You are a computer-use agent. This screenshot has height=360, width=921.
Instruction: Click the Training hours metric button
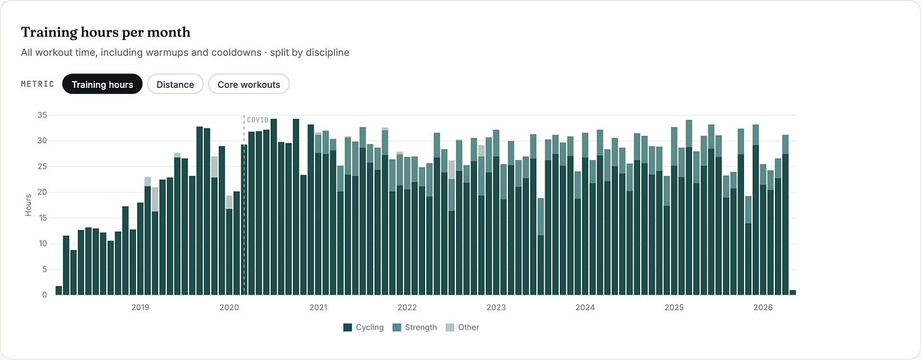point(102,84)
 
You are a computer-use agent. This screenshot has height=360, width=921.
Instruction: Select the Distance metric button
point(175,84)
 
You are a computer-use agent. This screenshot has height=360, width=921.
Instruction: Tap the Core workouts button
point(249,84)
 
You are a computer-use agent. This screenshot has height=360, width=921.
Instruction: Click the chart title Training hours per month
point(106,32)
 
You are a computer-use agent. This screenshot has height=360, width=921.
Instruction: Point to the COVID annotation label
point(257,120)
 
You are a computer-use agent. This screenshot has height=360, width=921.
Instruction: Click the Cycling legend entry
point(364,328)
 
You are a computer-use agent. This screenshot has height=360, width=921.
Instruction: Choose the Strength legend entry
point(415,328)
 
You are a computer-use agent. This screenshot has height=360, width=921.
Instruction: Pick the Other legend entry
point(462,328)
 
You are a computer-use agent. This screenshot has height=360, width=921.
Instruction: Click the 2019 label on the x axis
point(140,307)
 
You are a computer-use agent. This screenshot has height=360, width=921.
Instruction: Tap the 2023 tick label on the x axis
point(496,307)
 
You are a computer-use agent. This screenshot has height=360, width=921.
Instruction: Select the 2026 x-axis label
point(763,307)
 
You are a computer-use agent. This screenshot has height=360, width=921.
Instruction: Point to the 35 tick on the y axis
point(42,115)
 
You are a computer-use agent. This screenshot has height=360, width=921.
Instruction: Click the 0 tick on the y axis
point(44,295)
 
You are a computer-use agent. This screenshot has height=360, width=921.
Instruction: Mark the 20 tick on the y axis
point(42,192)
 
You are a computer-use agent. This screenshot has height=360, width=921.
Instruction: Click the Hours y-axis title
point(28,205)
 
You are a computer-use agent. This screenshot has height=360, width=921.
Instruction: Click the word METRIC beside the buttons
point(37,84)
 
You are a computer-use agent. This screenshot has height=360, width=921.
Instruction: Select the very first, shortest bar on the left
point(59,290)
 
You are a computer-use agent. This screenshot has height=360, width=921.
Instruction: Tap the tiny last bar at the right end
point(793,292)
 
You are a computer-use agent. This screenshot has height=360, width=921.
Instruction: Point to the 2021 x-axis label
point(318,307)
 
